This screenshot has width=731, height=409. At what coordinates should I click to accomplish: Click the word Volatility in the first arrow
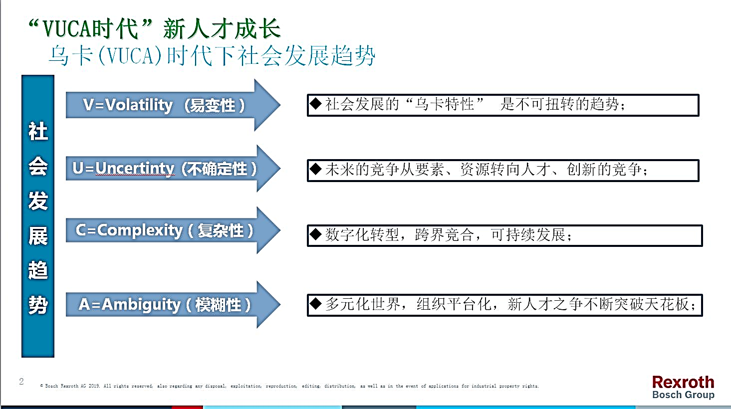(139, 105)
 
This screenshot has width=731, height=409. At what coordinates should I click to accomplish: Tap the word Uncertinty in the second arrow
(135, 168)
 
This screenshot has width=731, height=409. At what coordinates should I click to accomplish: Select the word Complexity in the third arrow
(140, 230)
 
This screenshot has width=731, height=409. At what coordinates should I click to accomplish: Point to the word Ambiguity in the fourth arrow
(141, 305)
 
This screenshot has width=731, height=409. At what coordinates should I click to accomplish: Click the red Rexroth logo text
(683, 382)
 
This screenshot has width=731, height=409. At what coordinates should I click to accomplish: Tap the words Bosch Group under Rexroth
(684, 395)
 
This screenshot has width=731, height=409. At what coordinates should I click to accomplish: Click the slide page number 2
(21, 381)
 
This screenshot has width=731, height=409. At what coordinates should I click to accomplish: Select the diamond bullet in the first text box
(315, 104)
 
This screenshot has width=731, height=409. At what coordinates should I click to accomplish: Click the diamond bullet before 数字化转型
(315, 234)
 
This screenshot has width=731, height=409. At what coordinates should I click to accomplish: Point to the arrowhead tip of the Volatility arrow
(280, 105)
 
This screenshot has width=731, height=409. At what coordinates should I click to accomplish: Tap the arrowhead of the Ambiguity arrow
(268, 305)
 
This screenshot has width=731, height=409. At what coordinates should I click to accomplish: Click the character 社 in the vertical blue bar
(38, 131)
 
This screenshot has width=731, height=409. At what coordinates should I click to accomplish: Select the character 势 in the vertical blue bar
(38, 305)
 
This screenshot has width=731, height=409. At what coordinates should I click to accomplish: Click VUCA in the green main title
(67, 29)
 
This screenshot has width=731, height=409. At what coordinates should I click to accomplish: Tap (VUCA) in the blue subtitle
(130, 55)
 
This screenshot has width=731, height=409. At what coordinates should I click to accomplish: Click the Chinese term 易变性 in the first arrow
(213, 105)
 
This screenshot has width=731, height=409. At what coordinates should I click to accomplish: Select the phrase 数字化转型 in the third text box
(362, 234)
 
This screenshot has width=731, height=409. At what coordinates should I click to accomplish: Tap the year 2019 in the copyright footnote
(94, 386)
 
